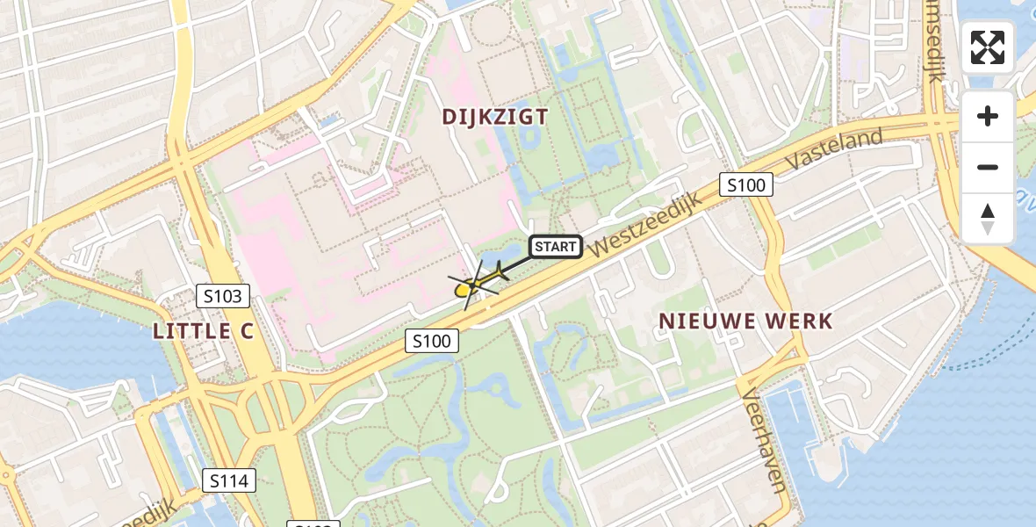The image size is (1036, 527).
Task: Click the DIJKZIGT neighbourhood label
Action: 495,117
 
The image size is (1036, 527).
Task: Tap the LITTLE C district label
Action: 203,331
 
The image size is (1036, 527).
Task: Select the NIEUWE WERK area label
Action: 745,321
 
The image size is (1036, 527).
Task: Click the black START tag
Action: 557,247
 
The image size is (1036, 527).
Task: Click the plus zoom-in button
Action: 988,116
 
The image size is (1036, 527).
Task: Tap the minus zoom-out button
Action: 988,167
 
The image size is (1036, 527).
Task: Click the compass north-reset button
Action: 988,218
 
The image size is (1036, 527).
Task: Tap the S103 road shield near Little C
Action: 222,296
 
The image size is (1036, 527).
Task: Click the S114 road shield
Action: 229,480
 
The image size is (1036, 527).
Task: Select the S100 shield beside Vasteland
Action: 747,184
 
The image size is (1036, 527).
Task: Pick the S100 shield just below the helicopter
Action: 432,341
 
